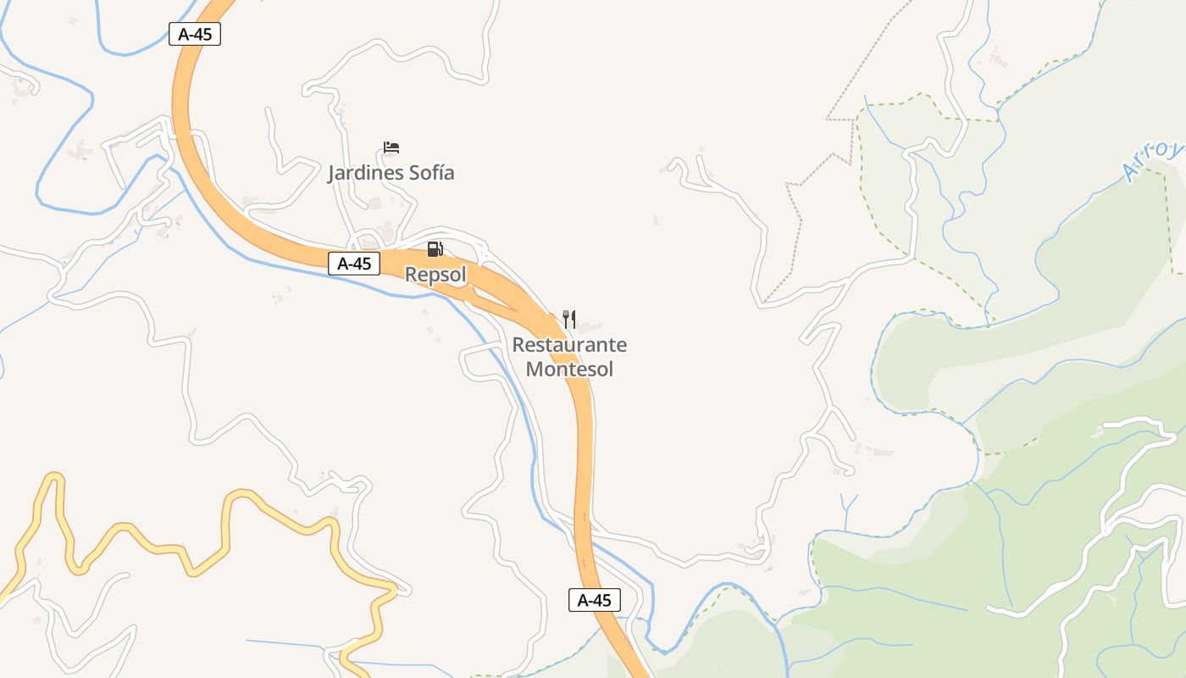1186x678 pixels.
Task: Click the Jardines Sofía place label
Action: (x=391, y=173)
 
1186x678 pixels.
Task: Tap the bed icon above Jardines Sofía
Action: (x=391, y=147)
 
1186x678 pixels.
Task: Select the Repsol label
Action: (x=435, y=275)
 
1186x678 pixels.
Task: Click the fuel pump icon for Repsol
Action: (x=435, y=248)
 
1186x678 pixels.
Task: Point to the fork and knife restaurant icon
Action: (x=569, y=320)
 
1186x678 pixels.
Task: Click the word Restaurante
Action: (x=569, y=345)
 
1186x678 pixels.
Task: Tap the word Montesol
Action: (x=569, y=369)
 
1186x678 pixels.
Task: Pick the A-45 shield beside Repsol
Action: (x=354, y=264)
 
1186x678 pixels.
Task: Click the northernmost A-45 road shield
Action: (x=195, y=34)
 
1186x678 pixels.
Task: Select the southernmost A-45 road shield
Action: (x=594, y=600)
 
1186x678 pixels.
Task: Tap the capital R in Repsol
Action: (x=412, y=275)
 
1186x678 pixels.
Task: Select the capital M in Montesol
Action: (x=535, y=369)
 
